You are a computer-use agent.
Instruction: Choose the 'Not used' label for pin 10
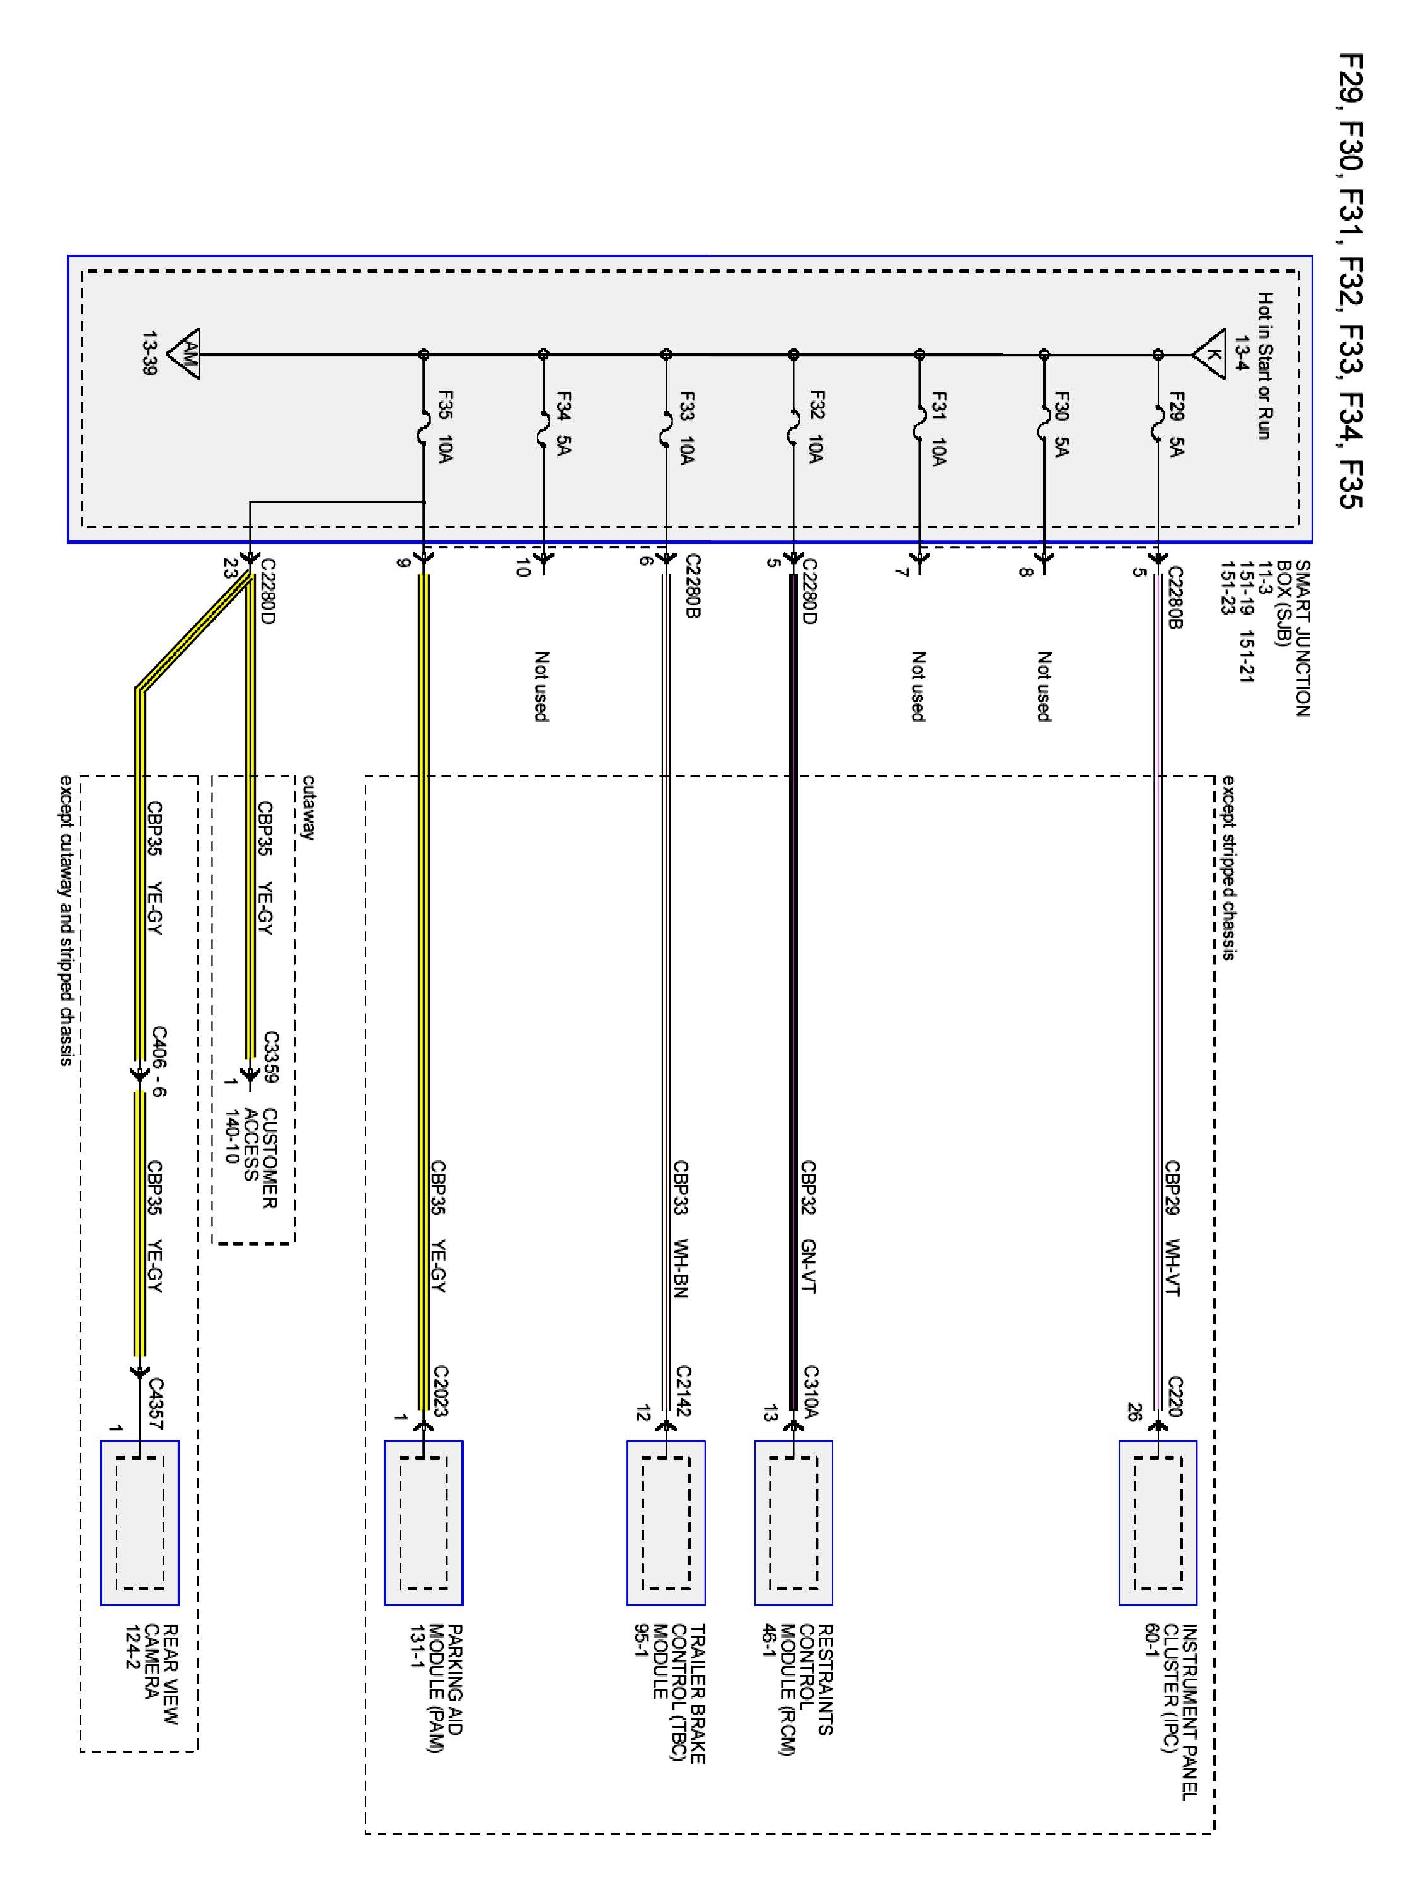coord(541,686)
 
